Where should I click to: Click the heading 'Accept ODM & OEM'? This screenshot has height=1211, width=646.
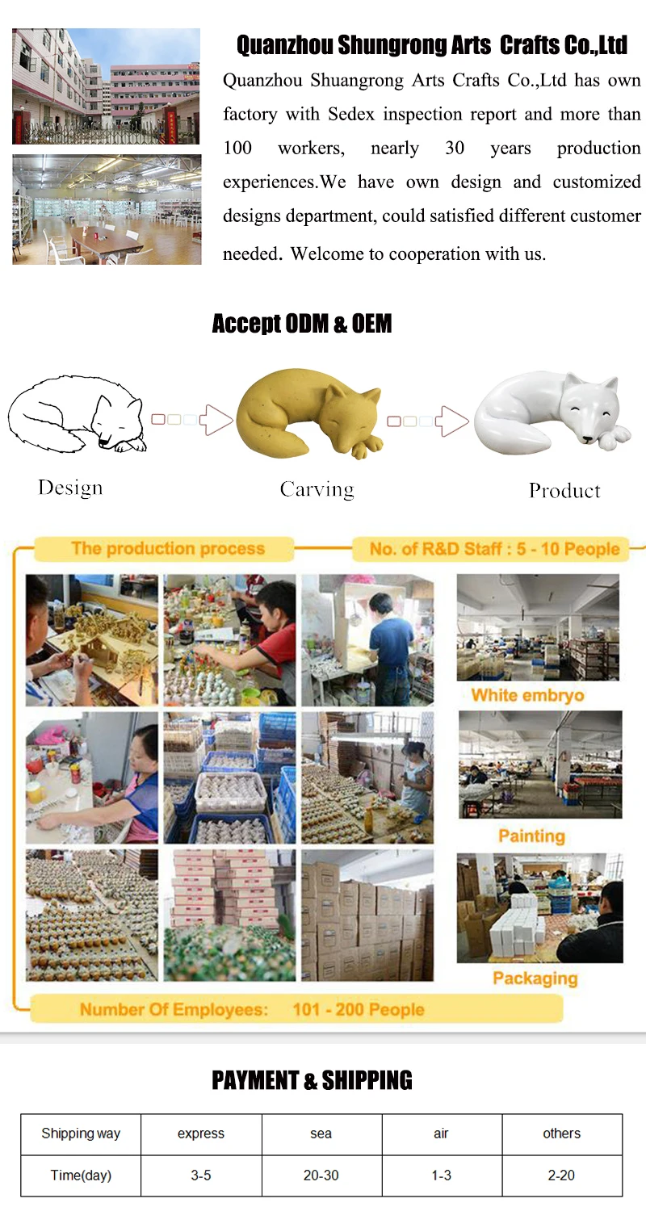(x=301, y=325)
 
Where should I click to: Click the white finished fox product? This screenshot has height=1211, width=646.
(x=552, y=413)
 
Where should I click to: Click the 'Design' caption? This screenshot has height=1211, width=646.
(x=70, y=488)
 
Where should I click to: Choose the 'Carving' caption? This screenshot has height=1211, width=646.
(x=317, y=489)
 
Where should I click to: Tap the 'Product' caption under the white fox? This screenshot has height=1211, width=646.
(x=564, y=491)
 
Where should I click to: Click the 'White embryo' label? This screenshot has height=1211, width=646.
(x=527, y=695)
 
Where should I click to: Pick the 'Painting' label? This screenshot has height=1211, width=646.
(x=531, y=836)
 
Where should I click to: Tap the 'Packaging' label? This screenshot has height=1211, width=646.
(x=535, y=978)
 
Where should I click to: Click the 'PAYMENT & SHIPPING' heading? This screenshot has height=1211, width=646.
(x=312, y=1080)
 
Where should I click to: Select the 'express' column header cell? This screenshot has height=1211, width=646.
(x=201, y=1133)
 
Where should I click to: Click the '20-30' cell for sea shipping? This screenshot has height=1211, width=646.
(x=321, y=1175)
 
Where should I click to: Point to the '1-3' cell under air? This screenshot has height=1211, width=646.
(x=441, y=1175)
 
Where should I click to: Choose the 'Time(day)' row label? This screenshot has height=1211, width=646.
(x=81, y=1175)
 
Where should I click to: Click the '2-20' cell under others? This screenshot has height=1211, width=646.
(x=561, y=1175)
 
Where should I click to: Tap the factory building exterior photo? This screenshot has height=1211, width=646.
(x=106, y=86)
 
